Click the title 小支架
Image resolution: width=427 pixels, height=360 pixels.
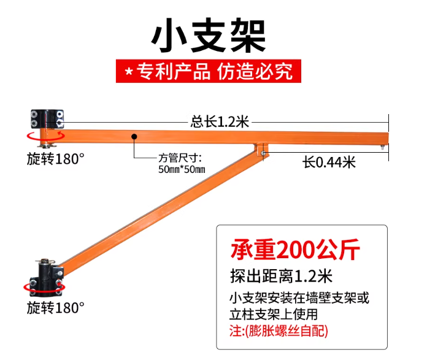pyautogui.click(x=209, y=36)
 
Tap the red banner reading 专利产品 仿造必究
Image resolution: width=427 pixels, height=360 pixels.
pyautogui.click(x=209, y=71)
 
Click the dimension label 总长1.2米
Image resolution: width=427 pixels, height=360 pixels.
pyautogui.click(x=220, y=121)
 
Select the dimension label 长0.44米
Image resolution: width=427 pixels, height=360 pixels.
pyautogui.click(x=329, y=163)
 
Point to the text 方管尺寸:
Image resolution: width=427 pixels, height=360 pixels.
pyautogui.click(x=180, y=158)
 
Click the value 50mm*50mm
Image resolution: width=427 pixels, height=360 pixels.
pyautogui.click(x=182, y=169)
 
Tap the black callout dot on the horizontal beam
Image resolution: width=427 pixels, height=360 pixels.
pyautogui.click(x=134, y=136)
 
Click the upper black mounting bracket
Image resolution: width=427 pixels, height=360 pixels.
pyautogui.click(x=47, y=119)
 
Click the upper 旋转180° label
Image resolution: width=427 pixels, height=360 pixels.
pyautogui.click(x=56, y=159)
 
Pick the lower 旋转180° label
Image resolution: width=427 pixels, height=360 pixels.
pyautogui.click(x=56, y=308)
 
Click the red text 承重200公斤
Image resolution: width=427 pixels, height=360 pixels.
pyautogui.click(x=295, y=250)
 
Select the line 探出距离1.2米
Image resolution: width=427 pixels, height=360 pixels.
pyautogui.click(x=282, y=276)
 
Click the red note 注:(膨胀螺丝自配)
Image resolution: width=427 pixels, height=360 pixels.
pyautogui.click(x=279, y=331)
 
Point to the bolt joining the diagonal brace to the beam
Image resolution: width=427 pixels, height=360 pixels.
pyautogui.click(x=263, y=153)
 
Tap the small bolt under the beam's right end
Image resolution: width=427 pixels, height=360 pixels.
pyautogui.click(x=382, y=147)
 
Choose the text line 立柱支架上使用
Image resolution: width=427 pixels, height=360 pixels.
pyautogui.click(x=274, y=314)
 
